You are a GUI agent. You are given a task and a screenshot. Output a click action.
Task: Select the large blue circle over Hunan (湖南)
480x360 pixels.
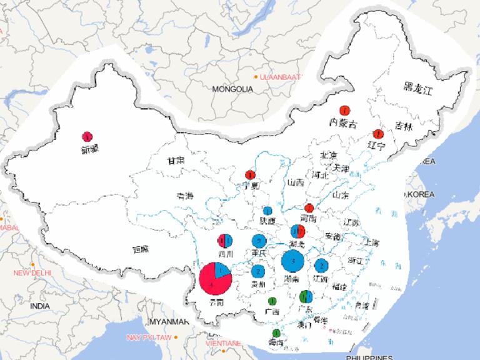[293, 261]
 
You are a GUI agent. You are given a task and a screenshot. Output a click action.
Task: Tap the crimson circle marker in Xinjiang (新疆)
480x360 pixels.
[87, 136]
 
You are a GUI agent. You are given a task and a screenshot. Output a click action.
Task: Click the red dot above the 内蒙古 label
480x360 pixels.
[344, 110]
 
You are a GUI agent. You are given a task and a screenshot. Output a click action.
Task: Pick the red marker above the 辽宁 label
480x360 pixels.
[377, 134]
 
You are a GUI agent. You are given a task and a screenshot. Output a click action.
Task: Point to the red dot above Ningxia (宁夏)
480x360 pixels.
[251, 174]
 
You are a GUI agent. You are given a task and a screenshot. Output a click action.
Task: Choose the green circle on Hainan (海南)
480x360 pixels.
[276, 333]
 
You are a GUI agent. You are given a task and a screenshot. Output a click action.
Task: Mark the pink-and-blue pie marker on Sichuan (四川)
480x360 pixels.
[225, 241]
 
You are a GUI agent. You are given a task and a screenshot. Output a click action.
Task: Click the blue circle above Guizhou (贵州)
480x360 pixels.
[258, 271]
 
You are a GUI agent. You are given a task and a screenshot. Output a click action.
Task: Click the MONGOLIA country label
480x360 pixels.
[232, 89]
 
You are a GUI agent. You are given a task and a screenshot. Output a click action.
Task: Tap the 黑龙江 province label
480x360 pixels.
[417, 89]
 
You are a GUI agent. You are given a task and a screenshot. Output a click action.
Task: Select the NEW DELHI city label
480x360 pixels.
[32, 273]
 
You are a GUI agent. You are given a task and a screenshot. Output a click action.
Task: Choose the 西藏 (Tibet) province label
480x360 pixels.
[141, 249]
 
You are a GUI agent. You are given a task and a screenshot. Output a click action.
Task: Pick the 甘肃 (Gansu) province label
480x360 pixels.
[175, 161]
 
